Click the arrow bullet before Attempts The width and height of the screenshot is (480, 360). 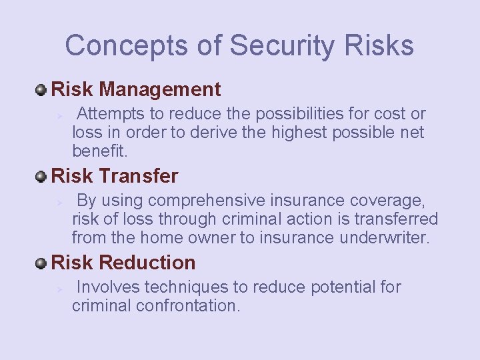pyautogui.click(x=59, y=115)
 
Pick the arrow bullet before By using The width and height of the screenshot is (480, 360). pyautogui.click(x=59, y=202)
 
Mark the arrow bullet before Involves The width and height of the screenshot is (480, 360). pyautogui.click(x=59, y=289)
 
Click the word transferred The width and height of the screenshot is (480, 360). pyautogui.click(x=396, y=219)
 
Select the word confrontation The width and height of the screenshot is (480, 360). pyautogui.click(x=187, y=306)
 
